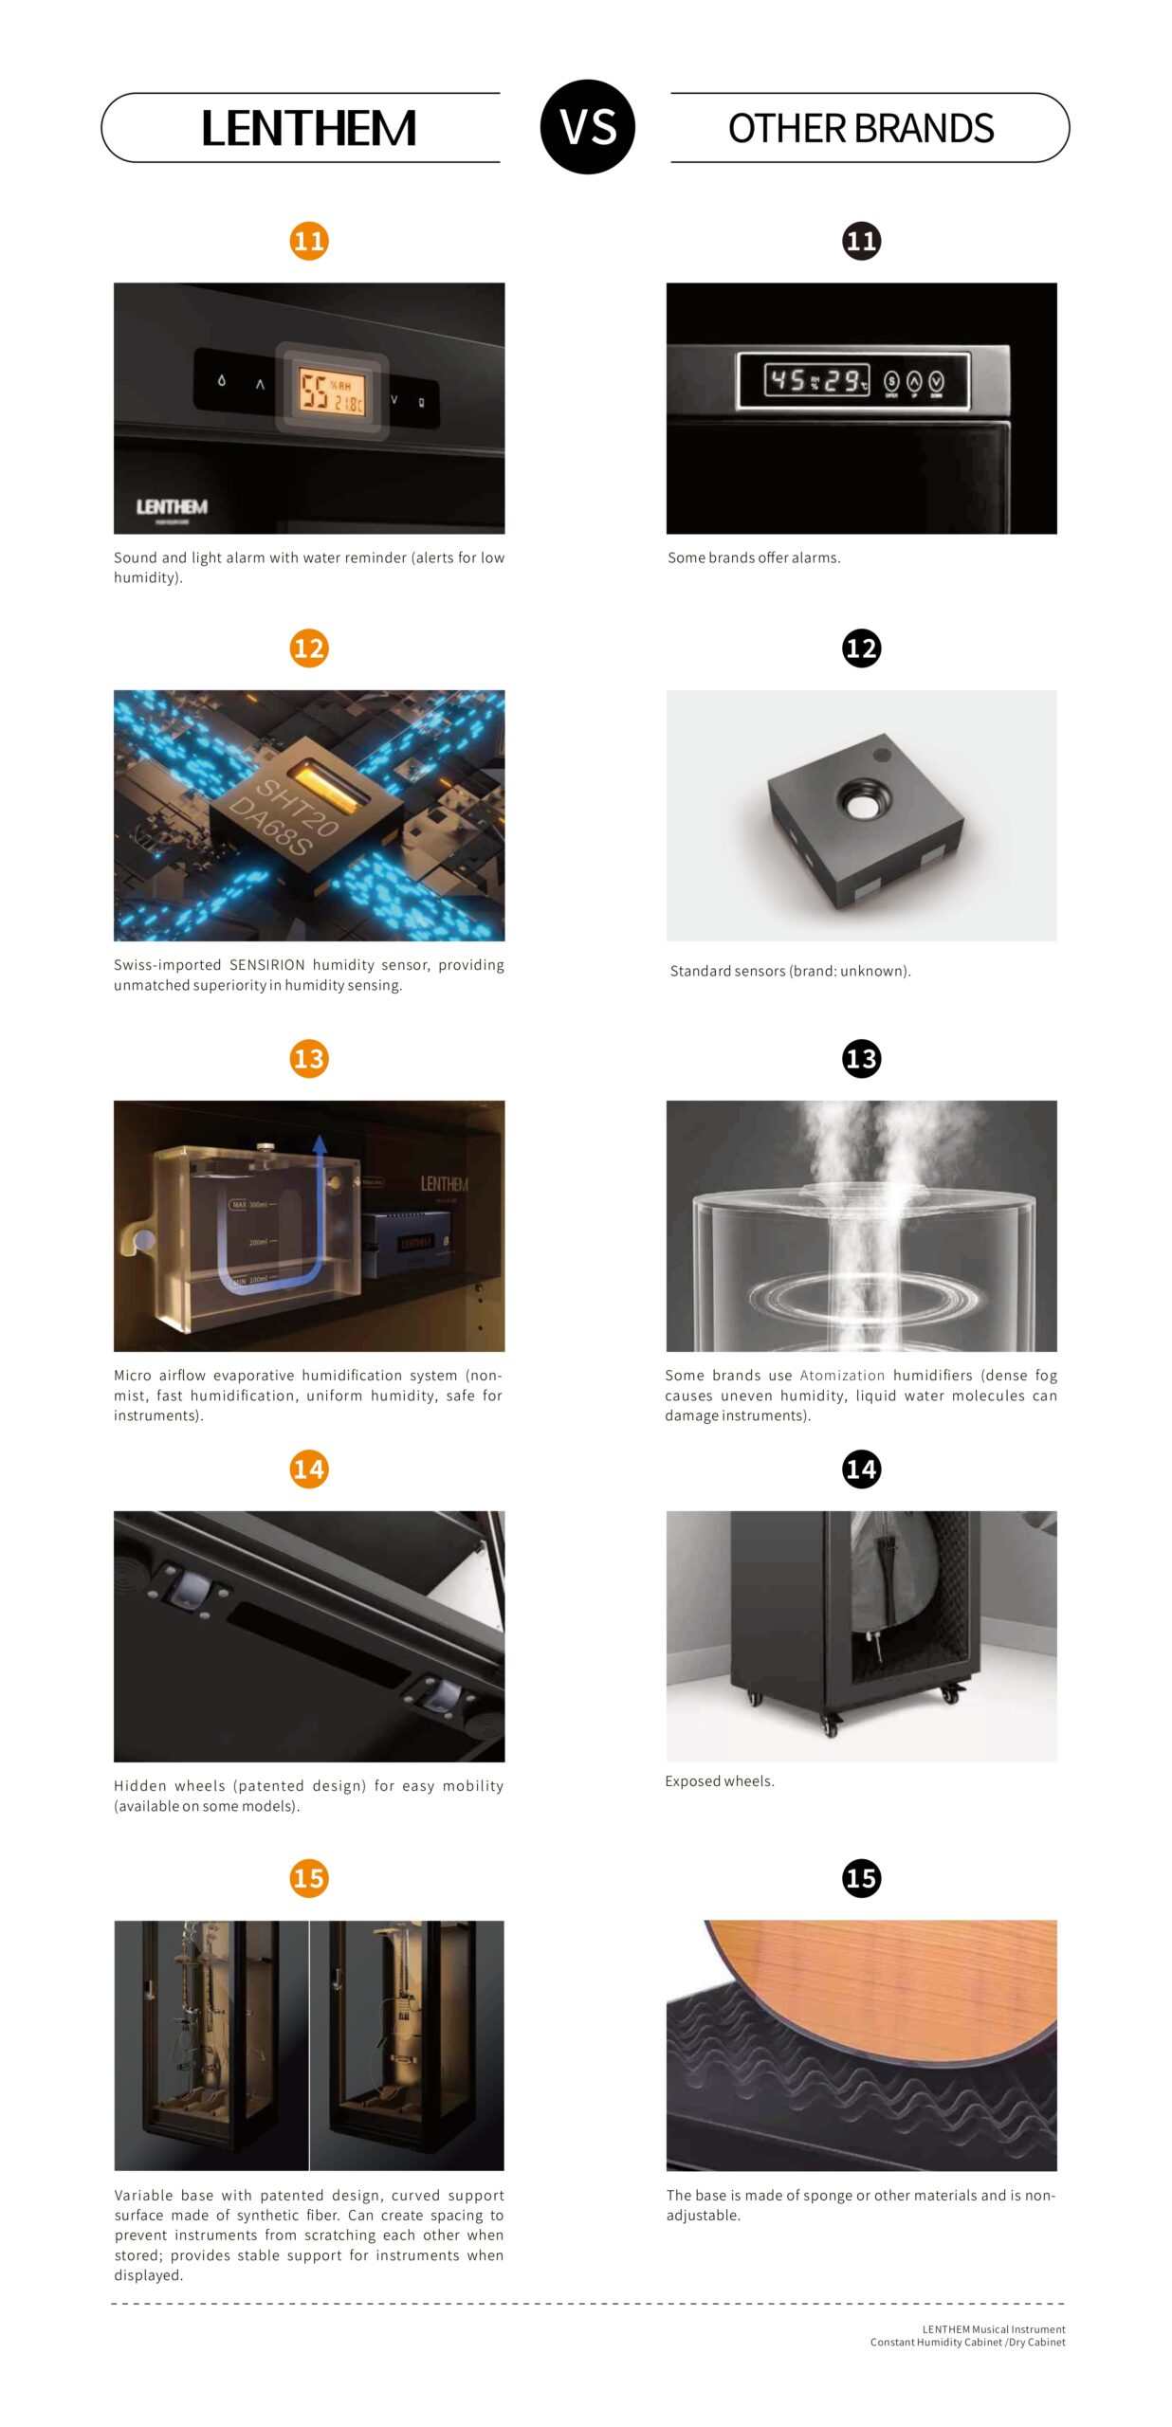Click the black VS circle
pos(587,127)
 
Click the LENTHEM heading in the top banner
pos(308,128)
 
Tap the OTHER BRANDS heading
pos(861,128)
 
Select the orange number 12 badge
pos(309,648)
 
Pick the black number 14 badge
pos(861,1469)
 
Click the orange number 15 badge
pos(309,1878)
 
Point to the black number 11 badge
pos(861,241)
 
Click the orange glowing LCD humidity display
pos(332,391)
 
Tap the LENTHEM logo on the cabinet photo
pos(172,507)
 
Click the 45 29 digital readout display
pos(816,381)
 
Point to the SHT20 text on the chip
pos(297,807)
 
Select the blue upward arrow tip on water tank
pos(320,1142)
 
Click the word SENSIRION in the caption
pos(267,965)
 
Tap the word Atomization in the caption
pos(842,1376)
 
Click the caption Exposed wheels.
pos(720,1781)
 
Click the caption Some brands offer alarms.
pos(754,557)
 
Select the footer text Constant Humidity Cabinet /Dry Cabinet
pos(967,2343)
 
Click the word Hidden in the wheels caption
pos(139,1786)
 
